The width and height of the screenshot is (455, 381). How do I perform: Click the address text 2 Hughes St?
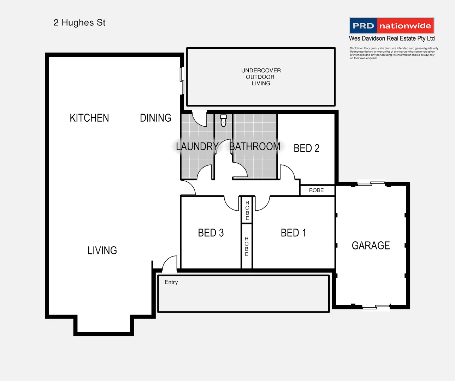tap(79, 23)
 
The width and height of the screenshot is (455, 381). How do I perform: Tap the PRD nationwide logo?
tap(391, 26)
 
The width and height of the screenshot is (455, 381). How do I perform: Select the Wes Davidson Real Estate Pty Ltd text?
tap(391, 38)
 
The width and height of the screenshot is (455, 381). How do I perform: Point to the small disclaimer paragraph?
tap(394, 53)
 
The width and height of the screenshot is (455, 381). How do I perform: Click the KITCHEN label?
tap(89, 118)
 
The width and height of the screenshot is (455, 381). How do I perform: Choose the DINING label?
tap(155, 118)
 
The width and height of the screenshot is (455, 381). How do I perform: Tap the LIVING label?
tap(102, 250)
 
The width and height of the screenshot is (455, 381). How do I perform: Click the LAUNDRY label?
tap(197, 146)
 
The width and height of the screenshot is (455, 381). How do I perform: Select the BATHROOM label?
tap(255, 146)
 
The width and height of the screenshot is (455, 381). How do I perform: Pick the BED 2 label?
tap(306, 148)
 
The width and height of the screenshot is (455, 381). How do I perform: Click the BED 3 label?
tap(211, 233)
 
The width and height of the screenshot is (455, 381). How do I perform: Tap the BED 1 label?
tap(293, 233)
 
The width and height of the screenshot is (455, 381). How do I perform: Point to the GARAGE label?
tap(371, 246)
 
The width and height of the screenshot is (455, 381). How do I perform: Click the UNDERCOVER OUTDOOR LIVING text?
tap(261, 77)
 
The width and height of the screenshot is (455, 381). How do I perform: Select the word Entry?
tap(171, 282)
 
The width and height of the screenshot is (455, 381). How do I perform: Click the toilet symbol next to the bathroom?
tap(223, 121)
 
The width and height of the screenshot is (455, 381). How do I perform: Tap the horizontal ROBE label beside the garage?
tap(316, 190)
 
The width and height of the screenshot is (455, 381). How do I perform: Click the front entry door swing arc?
tap(170, 264)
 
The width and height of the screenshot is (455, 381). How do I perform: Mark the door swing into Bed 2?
tap(287, 172)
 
